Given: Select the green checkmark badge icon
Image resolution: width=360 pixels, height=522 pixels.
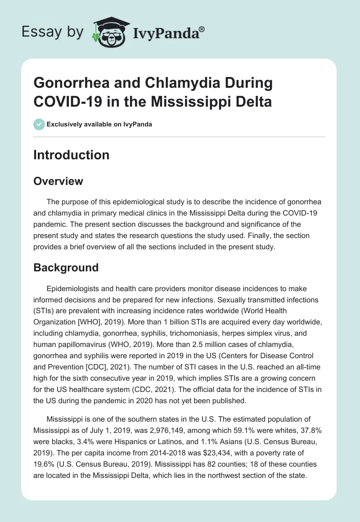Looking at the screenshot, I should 39,124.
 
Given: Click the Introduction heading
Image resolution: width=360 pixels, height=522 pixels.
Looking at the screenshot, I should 71,155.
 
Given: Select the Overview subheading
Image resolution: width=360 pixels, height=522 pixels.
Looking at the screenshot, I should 58,181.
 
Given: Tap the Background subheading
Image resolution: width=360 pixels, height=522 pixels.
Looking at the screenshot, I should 66,267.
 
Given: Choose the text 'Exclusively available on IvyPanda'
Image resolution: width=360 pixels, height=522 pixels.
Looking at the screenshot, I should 99,124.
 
